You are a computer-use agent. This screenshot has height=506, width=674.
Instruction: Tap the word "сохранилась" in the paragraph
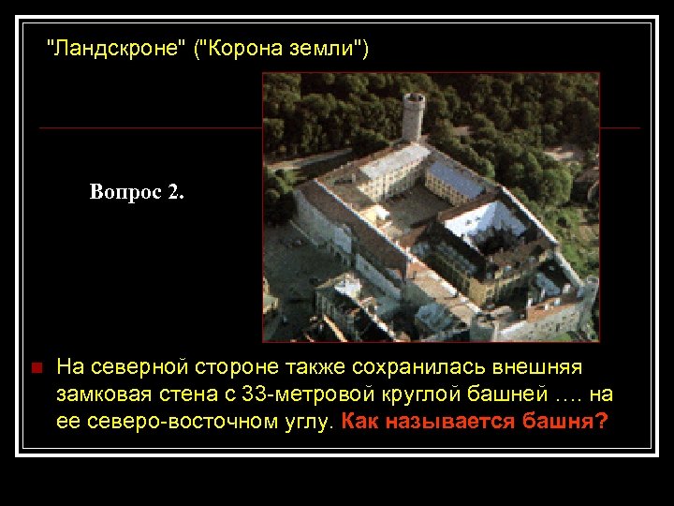click(x=365, y=366)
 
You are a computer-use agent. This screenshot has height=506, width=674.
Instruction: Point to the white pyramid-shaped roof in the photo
click(x=487, y=220)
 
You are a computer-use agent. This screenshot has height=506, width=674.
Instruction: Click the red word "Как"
click(x=359, y=422)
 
